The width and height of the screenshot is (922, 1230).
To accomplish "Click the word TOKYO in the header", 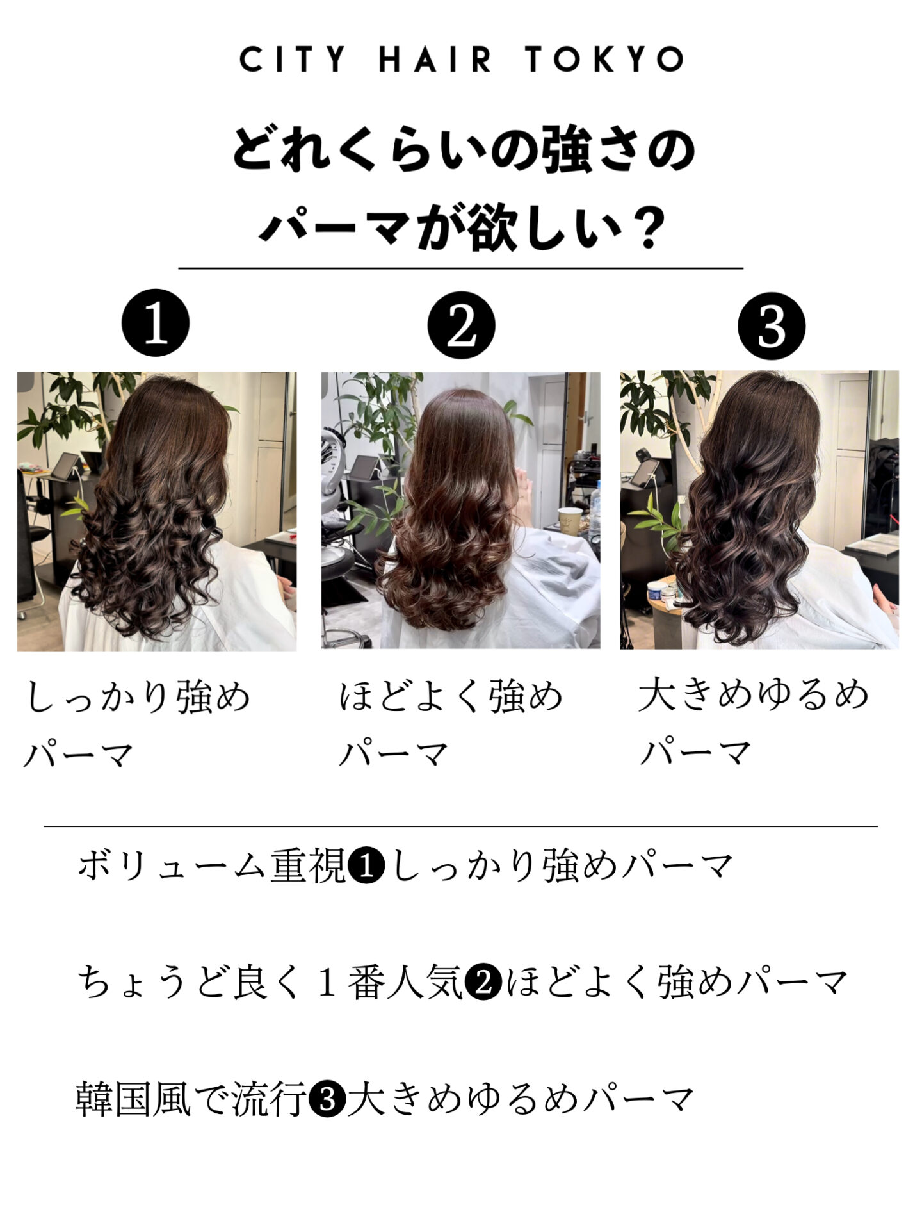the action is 605,60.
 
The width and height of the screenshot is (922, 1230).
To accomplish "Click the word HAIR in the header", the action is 435,60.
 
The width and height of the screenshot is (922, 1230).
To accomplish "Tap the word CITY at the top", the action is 293,60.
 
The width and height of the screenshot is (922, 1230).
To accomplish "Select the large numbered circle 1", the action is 156,324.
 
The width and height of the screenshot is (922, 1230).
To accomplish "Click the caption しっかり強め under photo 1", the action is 138,697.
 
